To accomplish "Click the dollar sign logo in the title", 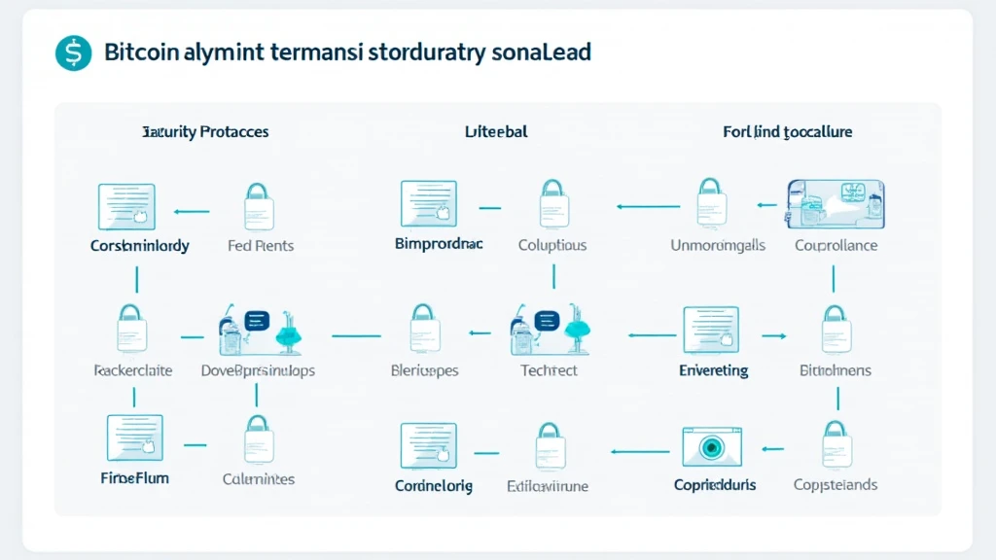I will click(73, 52).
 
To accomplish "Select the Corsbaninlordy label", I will click(139, 246).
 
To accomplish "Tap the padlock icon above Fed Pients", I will click(259, 205).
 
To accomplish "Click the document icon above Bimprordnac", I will click(428, 203).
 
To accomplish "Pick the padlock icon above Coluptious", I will click(552, 203).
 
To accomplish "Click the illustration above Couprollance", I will click(835, 204).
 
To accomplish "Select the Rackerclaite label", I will click(132, 370).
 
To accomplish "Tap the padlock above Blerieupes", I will click(423, 329).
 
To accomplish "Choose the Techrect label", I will click(549, 370).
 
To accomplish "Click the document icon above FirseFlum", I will click(134, 437).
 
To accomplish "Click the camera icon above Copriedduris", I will click(713, 445).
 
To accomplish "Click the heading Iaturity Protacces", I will click(205, 131).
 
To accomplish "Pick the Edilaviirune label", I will click(548, 486).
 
